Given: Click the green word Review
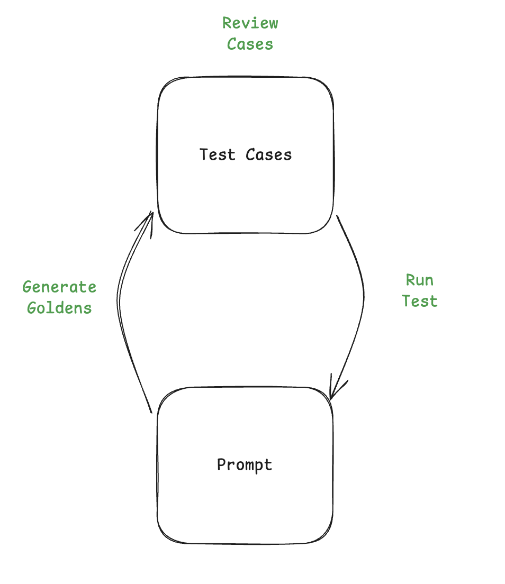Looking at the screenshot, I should click(250, 23).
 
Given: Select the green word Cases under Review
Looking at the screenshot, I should click(250, 44).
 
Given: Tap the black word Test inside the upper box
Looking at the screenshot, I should click(217, 154).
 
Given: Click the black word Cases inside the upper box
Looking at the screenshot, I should click(268, 154).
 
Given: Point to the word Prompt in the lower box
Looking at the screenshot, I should click(245, 465).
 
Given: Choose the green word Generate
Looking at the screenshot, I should click(59, 287).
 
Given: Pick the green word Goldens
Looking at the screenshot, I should click(59, 308).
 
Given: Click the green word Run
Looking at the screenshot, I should click(419, 280).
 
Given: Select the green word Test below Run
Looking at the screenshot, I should click(419, 301).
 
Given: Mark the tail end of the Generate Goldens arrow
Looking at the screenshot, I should click(151, 412).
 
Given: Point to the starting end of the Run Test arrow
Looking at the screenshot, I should click(338, 216).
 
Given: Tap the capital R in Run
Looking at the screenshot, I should click(410, 280).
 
